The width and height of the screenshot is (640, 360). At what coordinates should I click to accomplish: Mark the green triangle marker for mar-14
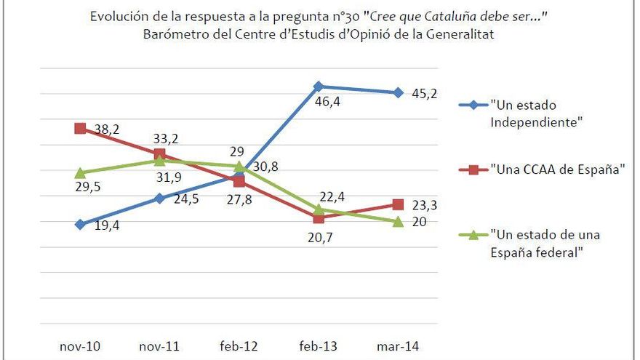[x=398, y=221]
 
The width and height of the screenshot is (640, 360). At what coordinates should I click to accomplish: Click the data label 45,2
[x=423, y=93]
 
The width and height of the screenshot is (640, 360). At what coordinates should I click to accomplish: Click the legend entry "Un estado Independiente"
[x=537, y=113]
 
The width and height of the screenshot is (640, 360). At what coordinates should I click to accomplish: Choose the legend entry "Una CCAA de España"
[x=558, y=169]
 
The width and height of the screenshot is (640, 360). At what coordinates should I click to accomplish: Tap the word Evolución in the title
[x=117, y=16]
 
